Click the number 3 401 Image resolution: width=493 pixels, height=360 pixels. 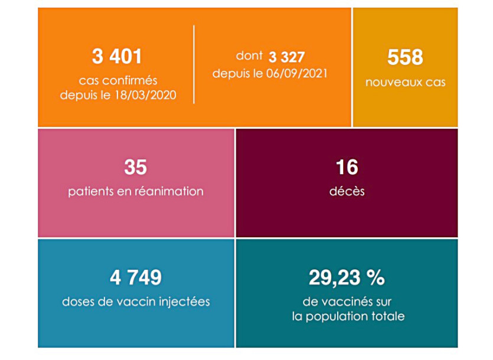(x=117, y=57)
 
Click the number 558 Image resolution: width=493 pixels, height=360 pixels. (x=405, y=57)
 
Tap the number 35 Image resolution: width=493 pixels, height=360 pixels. (x=135, y=168)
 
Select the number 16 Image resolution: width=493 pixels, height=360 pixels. (x=346, y=168)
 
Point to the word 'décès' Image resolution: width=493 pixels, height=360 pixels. (x=347, y=191)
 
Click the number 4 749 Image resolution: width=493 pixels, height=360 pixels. (x=135, y=277)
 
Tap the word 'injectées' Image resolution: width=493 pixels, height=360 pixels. (x=186, y=302)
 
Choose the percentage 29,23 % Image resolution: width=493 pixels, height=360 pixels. (x=347, y=277)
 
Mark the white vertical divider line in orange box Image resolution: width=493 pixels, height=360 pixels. (x=194, y=65)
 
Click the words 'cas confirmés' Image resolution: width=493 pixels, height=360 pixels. (x=118, y=81)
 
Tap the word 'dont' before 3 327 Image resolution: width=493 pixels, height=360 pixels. (x=249, y=57)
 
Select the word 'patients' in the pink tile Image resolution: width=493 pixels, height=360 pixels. (x=89, y=191)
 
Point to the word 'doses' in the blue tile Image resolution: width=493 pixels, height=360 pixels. (x=79, y=302)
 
